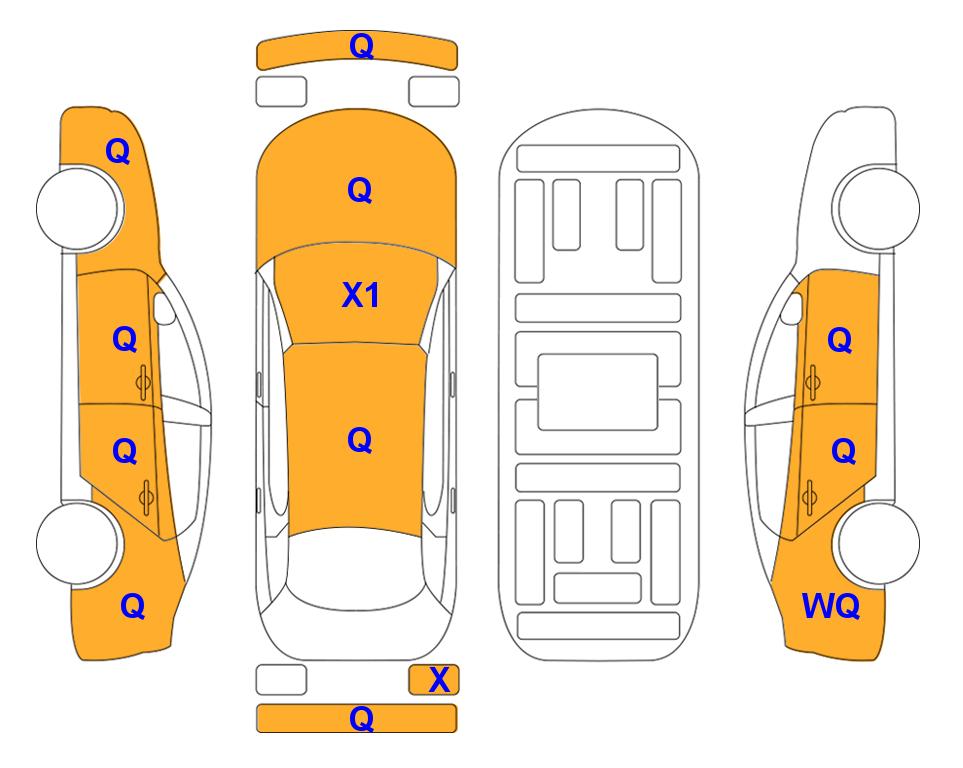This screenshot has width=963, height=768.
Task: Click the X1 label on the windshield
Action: (x=361, y=296)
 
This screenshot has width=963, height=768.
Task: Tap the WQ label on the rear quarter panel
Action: (x=831, y=606)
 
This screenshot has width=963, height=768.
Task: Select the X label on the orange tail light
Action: (x=439, y=680)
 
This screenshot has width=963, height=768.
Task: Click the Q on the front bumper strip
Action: (x=361, y=46)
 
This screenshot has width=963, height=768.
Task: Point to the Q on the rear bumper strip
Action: (x=361, y=718)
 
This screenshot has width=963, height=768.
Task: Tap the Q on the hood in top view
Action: (x=360, y=190)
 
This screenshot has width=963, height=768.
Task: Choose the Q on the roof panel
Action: (x=360, y=440)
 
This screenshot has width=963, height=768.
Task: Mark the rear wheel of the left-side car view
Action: (x=79, y=544)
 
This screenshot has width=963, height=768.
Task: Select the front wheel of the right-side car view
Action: (x=876, y=208)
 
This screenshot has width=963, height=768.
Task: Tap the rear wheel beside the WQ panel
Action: (x=877, y=544)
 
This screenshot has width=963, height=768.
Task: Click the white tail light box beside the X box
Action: (x=281, y=680)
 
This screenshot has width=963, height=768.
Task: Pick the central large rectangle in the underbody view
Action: (x=598, y=392)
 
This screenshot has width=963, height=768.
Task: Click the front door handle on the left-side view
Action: (x=143, y=382)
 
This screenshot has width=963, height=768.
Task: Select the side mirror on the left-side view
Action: (x=163, y=308)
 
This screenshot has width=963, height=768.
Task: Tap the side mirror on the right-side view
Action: (x=792, y=308)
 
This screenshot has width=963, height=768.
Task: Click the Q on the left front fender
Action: (x=118, y=151)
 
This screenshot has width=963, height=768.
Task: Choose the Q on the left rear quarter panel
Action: (x=133, y=606)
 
